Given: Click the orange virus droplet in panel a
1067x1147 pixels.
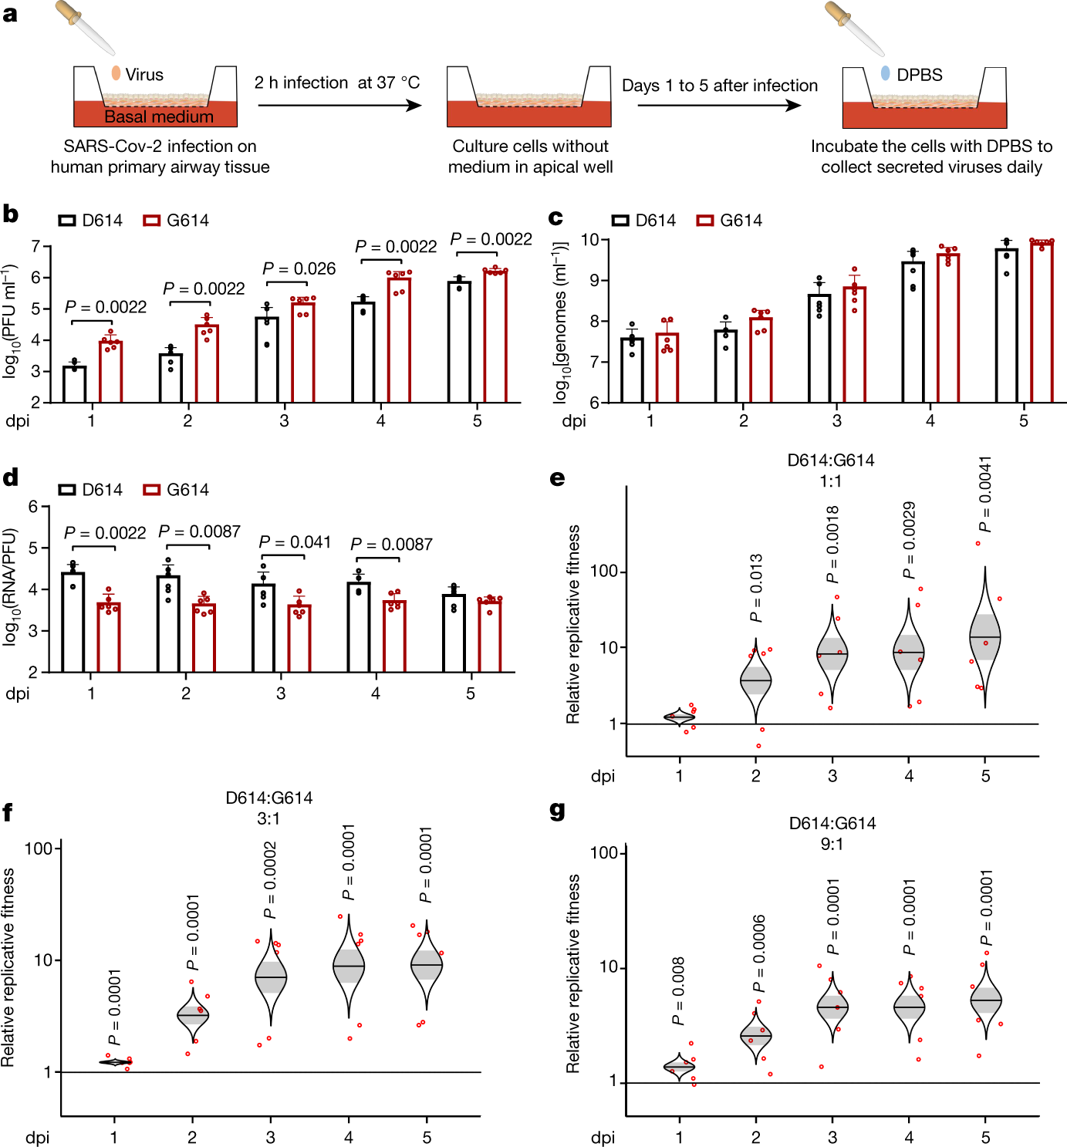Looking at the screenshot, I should (x=116, y=73).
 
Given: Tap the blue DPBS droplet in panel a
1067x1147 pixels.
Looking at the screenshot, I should (x=885, y=73).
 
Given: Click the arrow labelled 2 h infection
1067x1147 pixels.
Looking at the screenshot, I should (x=339, y=105).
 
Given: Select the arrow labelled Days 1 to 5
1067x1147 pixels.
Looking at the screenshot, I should (x=719, y=105).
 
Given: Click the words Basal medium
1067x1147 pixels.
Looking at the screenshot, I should (x=158, y=116).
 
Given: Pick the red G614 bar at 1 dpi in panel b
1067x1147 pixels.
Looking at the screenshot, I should (x=111, y=372).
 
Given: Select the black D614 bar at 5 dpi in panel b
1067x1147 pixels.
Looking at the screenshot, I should (x=459, y=342).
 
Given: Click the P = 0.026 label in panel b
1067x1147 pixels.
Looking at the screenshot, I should (x=299, y=268).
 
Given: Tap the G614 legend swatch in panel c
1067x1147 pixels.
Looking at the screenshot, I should (x=704, y=221).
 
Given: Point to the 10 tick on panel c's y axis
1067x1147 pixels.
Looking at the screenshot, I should (x=590, y=240).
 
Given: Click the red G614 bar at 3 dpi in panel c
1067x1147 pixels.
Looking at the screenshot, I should (x=854, y=345).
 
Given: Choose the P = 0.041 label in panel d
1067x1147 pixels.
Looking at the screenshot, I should (x=295, y=542).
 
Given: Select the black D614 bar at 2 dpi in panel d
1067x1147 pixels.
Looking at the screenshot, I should (x=168, y=623).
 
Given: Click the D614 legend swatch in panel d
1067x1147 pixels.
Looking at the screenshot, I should (x=67, y=490).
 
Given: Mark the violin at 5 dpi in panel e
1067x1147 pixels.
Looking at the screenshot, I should (x=984, y=637).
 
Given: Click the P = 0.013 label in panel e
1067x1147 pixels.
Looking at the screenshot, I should (x=756, y=588).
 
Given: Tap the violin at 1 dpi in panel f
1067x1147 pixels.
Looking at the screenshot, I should (x=115, y=1062).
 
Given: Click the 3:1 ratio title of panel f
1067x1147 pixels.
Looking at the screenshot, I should (x=268, y=818).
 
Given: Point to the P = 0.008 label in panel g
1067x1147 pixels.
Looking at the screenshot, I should (x=678, y=991).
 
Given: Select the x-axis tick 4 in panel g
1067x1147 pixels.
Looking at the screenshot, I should (x=909, y=1137).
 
